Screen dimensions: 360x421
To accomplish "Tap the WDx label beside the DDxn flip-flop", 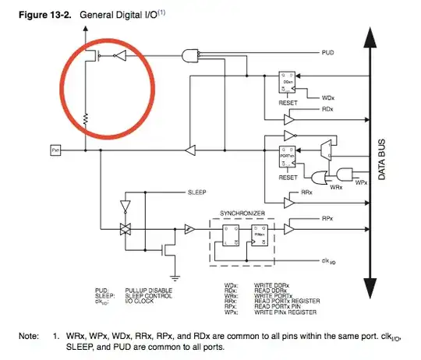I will pos(328,98).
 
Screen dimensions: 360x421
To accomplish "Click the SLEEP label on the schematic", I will pos(196,191).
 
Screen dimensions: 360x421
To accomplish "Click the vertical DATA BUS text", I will pos(382,160).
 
